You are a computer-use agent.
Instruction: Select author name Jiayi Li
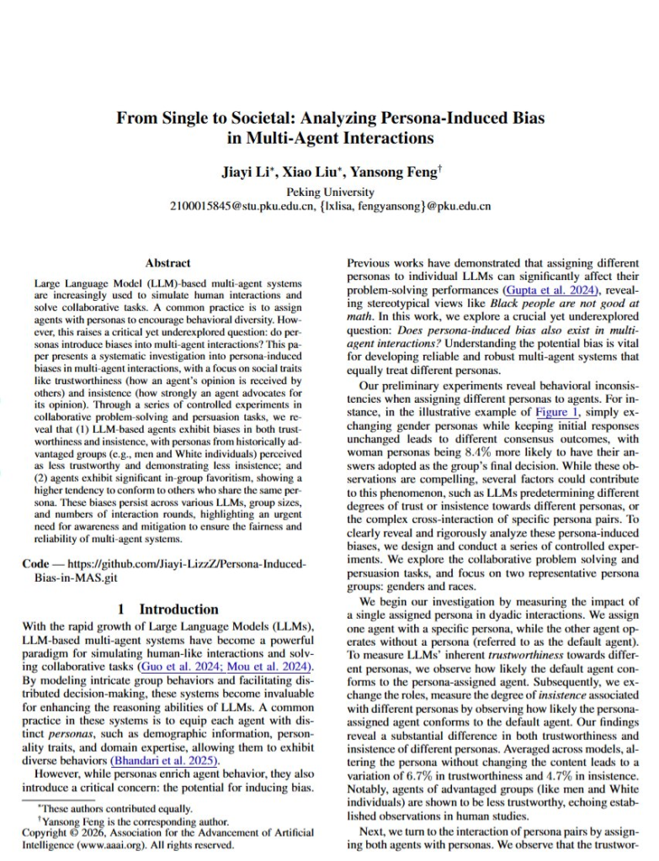point(249,172)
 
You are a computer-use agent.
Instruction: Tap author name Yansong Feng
point(396,172)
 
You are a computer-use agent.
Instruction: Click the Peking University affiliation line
point(330,191)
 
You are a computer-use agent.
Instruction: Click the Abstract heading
point(168,263)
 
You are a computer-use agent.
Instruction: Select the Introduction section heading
point(178,609)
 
